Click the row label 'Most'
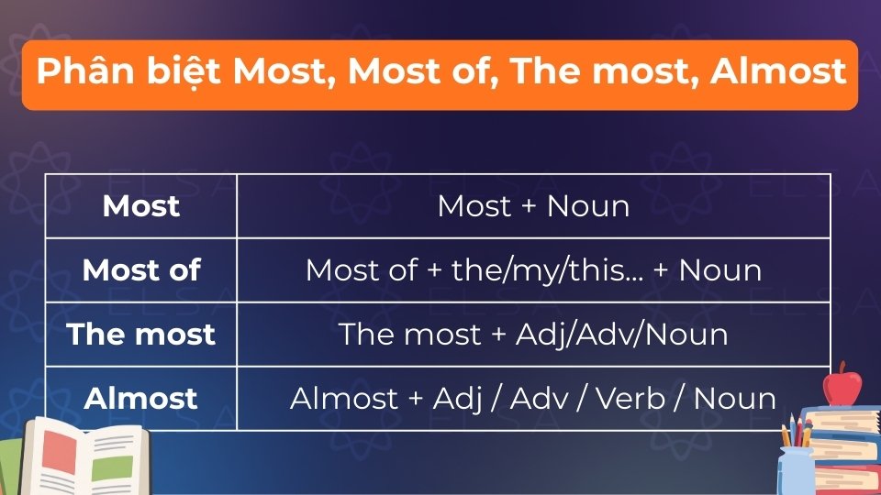point(141,206)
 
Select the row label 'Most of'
point(141,270)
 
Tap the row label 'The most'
point(141,335)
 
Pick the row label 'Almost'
point(141,399)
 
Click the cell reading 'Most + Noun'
point(533,206)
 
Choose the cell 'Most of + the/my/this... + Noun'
point(533,270)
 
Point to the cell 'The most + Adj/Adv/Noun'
point(533,335)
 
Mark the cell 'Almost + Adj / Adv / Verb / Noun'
point(533,399)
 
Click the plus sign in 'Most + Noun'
point(528,206)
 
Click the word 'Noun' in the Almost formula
point(735,399)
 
